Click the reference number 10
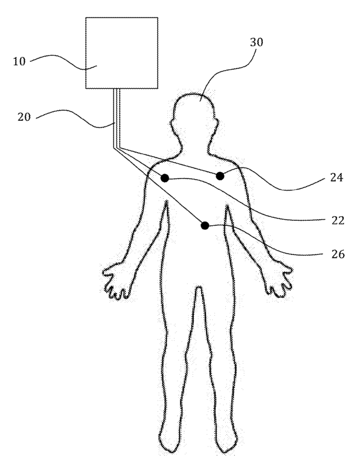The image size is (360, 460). (x=19, y=60)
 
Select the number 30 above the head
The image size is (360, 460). (x=256, y=42)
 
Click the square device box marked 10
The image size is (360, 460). (x=121, y=52)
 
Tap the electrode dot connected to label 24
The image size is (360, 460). (x=220, y=176)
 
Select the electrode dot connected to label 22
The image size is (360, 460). (x=165, y=178)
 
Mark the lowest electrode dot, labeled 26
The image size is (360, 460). (x=205, y=225)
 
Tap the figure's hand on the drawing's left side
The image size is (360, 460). (x=116, y=278)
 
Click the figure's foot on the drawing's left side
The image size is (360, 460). (x=168, y=444)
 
